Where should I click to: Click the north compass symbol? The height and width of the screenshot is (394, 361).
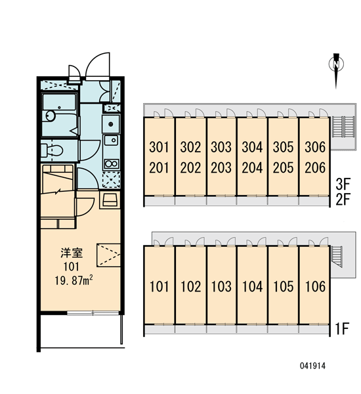[336, 70]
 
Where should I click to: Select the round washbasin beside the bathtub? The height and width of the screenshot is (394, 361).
[51, 116]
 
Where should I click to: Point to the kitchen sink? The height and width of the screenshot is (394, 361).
[111, 141]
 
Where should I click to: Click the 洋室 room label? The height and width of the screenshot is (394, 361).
[72, 253]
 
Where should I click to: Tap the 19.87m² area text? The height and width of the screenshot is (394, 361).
[74, 280]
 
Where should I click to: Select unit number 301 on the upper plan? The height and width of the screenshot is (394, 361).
[159, 147]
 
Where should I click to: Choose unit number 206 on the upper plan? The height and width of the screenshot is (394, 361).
[315, 167]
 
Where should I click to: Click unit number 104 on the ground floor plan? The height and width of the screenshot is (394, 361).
[253, 286]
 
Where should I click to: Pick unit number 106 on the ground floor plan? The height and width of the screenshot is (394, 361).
[315, 286]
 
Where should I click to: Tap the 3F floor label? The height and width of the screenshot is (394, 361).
[343, 184]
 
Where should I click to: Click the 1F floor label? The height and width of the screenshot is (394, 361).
[342, 329]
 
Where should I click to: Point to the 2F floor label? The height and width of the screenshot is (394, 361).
[343, 199]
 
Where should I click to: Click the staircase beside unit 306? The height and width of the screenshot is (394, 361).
[343, 127]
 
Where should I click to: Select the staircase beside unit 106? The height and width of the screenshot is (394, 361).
[337, 257]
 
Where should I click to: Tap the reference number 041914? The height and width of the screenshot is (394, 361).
[312, 366]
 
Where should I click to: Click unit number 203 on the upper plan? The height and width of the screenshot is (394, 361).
[221, 167]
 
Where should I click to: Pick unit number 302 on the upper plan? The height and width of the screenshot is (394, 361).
[190, 147]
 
